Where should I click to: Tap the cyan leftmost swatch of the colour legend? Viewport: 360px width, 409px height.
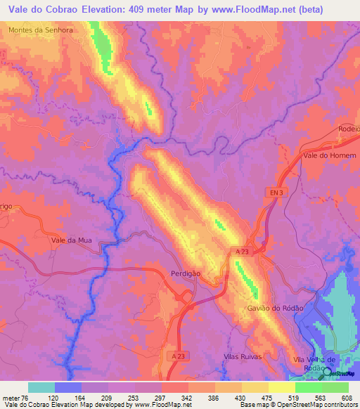click(41, 387)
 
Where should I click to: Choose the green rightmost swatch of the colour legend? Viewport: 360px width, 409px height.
click(335, 387)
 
